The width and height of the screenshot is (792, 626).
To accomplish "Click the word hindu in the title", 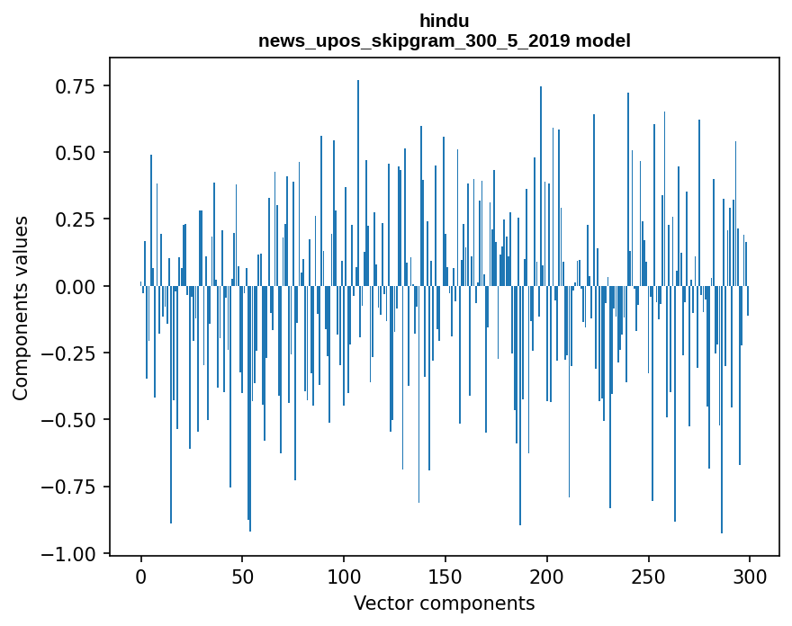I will click(444, 21).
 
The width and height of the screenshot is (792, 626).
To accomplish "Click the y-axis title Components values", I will click(21, 308).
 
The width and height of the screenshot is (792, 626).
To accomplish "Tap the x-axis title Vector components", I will click(444, 604).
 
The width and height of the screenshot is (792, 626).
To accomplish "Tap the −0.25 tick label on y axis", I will click(70, 353).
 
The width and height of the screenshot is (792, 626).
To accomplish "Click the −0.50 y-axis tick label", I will click(70, 420).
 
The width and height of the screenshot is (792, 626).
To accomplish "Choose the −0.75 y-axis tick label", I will click(70, 487).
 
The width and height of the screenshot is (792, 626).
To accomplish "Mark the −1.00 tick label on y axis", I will click(70, 554).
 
